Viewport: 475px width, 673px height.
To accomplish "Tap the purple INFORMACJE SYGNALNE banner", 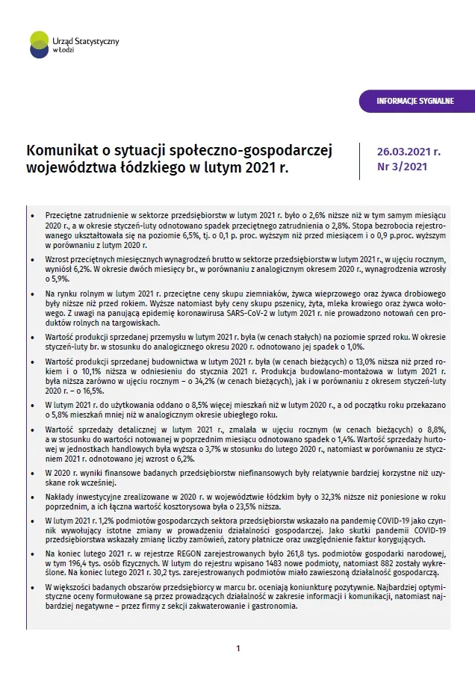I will [415, 101].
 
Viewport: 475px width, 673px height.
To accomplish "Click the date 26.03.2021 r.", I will [409, 151].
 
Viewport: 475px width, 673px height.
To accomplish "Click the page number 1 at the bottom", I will [237, 648].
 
